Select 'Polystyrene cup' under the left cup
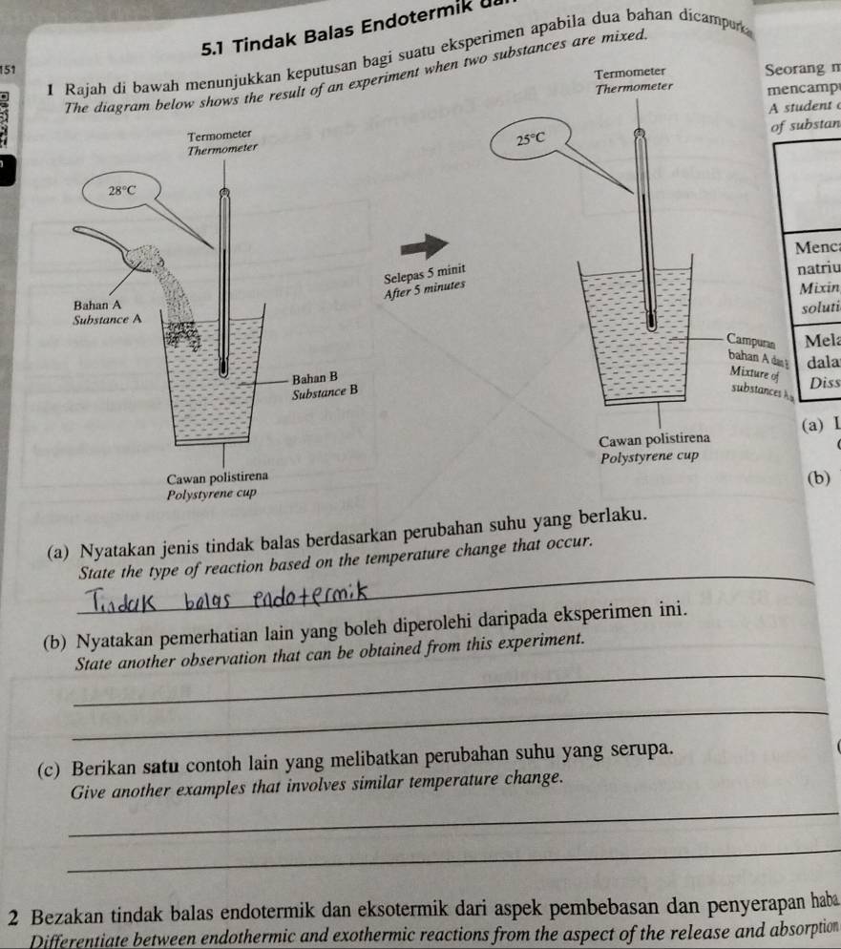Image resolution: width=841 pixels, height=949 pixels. pos(207,492)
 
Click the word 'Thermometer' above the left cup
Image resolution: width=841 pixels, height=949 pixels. pos(221,150)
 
